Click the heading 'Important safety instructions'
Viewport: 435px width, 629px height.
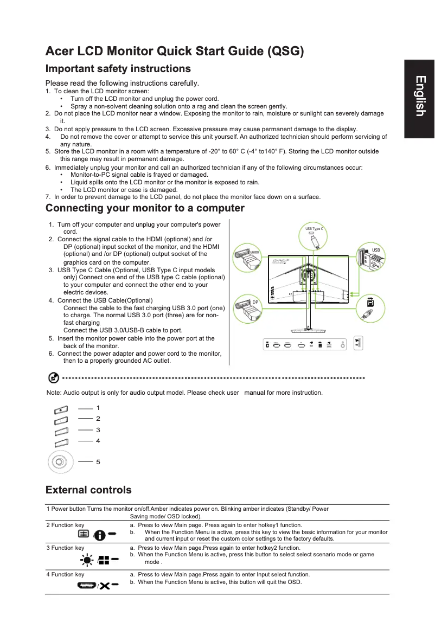(x=118, y=69)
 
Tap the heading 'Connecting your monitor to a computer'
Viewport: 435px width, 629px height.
(x=145, y=208)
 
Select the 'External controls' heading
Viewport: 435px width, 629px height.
(x=88, y=490)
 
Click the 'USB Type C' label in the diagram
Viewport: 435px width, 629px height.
(x=314, y=229)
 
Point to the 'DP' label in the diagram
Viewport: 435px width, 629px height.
(x=254, y=301)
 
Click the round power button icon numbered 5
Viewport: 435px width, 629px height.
(x=59, y=463)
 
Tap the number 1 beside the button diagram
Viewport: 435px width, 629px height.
(x=98, y=407)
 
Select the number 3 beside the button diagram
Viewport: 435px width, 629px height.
(x=98, y=429)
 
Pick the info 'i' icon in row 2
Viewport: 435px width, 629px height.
(x=101, y=535)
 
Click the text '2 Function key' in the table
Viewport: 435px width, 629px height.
(x=65, y=525)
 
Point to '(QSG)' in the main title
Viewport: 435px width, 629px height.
(x=285, y=52)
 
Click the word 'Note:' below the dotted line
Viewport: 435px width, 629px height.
(x=54, y=393)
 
